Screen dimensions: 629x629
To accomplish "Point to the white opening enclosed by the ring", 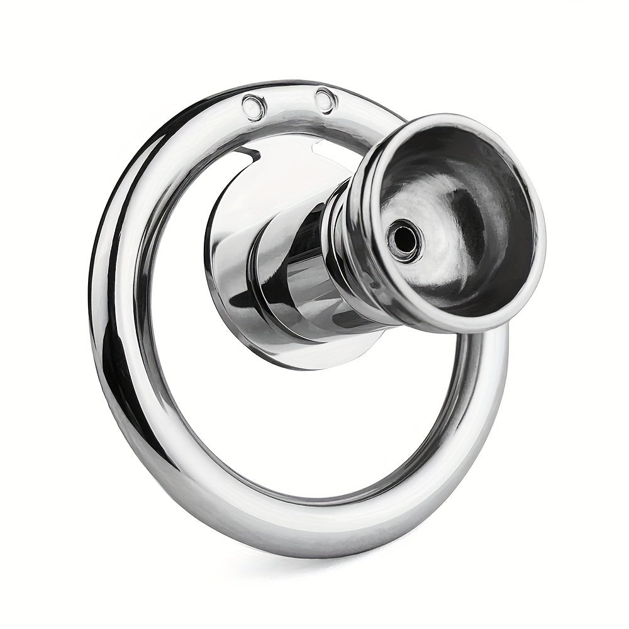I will (302, 428).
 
